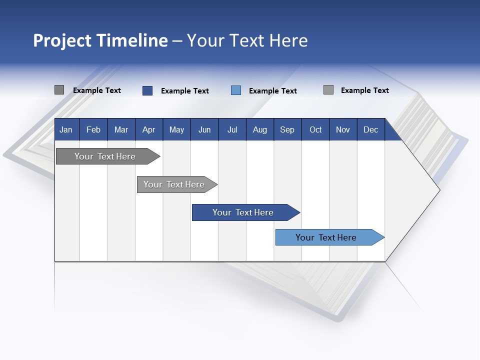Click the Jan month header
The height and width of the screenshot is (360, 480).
coord(66,130)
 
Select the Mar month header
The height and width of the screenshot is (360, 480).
coord(121,130)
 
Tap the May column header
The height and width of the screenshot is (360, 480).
coord(176,130)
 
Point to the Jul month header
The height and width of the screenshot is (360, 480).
coord(232,130)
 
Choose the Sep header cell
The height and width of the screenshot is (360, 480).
coord(287,130)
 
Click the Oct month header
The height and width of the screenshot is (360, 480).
coord(315,130)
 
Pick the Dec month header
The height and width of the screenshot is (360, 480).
coord(370,130)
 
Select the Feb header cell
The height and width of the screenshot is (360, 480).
coord(93,130)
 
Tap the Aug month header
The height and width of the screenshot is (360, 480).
coord(259,130)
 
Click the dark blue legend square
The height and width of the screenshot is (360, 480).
coord(147,90)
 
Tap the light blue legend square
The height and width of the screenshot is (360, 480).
coord(236,90)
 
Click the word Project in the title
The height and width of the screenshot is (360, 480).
coord(62,40)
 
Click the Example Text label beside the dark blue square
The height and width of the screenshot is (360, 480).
coord(185,91)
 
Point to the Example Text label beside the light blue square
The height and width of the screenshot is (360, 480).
coord(273,91)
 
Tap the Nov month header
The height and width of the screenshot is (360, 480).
coord(343,130)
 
